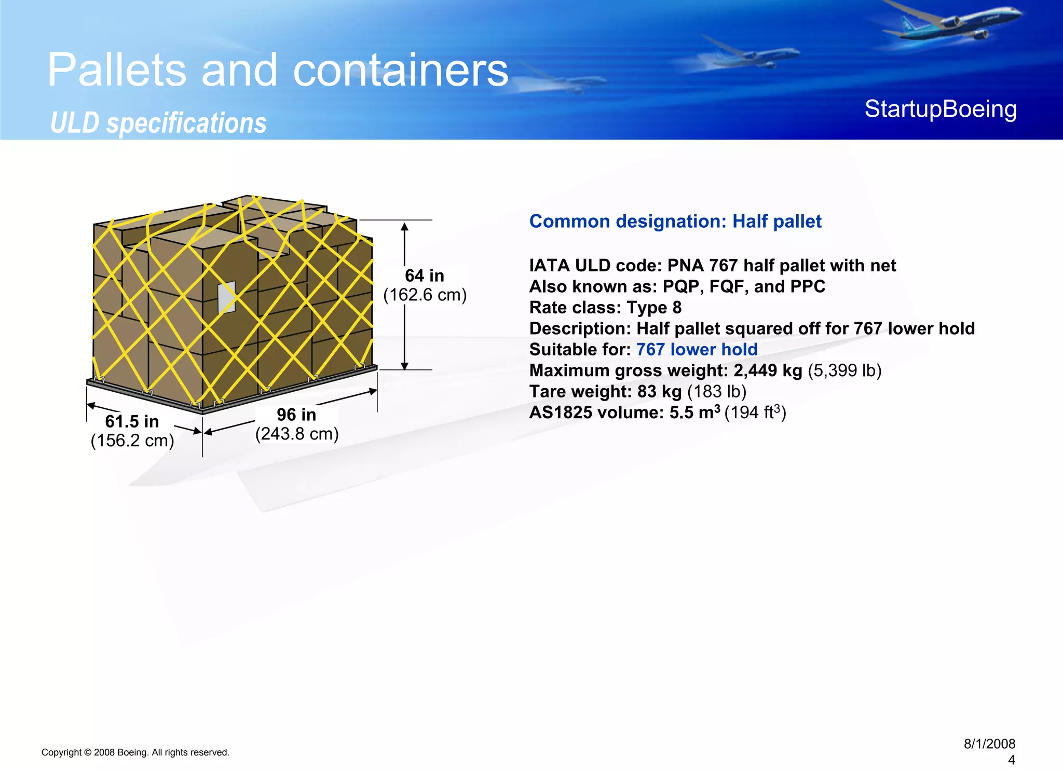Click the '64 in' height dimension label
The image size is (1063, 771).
pos(424,276)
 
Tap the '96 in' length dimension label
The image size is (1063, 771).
pos(296,415)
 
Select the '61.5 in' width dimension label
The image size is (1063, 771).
pos(132,421)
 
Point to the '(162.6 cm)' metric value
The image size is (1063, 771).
pos(425,295)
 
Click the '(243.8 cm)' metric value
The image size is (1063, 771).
pos(297,434)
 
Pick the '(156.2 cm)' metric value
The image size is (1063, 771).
pos(132,440)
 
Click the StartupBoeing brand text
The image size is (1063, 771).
pos(941,109)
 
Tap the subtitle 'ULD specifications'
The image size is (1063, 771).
pos(158,123)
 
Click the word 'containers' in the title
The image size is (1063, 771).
pos(401,70)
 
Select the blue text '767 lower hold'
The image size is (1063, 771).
pos(697,349)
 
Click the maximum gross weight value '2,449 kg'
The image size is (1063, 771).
pos(768,370)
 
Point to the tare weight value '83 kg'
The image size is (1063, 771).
pos(659,391)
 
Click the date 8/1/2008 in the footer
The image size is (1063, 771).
pos(989,744)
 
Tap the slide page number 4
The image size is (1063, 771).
pos(1011,760)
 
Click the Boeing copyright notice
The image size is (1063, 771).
pos(135,752)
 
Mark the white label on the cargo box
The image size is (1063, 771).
pos(227,297)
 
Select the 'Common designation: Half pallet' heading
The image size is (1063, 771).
pos(675,222)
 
